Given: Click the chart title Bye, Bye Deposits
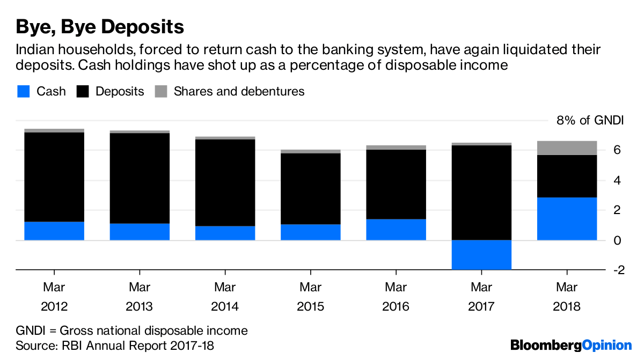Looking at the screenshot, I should point(100,26).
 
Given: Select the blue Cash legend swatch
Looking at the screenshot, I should point(23,91).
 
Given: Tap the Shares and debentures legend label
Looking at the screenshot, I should point(239,91).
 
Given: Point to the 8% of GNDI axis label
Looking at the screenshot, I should point(590,120).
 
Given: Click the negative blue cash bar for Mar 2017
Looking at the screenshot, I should point(481,254).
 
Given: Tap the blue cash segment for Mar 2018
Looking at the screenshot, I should point(567,218).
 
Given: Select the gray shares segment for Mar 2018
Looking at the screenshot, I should point(567,148).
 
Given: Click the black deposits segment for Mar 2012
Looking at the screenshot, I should point(54,177).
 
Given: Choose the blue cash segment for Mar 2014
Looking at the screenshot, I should point(225,233).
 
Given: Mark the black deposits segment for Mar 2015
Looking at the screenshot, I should point(310,189).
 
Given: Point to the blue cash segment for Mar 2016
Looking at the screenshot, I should point(396,229).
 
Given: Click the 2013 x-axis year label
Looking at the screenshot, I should point(140,307).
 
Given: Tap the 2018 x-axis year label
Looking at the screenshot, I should point(567,307).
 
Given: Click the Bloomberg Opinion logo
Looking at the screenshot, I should point(571,345).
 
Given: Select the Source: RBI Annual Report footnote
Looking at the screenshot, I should point(115,346).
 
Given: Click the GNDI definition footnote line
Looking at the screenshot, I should point(131,330).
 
